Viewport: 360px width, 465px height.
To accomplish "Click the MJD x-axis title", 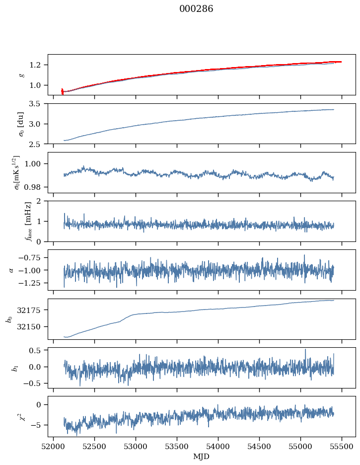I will pyautogui.click(x=202, y=457).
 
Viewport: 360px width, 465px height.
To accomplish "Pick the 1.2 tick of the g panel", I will pyautogui.click(x=38, y=65).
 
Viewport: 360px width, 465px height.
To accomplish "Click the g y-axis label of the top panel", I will pyautogui.click(x=21, y=75).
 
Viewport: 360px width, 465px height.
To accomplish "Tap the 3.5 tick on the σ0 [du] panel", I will pyautogui.click(x=38, y=104).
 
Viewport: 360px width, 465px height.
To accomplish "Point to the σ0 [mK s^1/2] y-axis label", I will pyautogui.click(x=18, y=172).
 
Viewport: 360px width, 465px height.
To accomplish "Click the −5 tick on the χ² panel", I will pyautogui.click(x=39, y=425).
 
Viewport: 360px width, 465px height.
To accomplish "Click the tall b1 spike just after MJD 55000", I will pyautogui.click(x=305, y=350).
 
